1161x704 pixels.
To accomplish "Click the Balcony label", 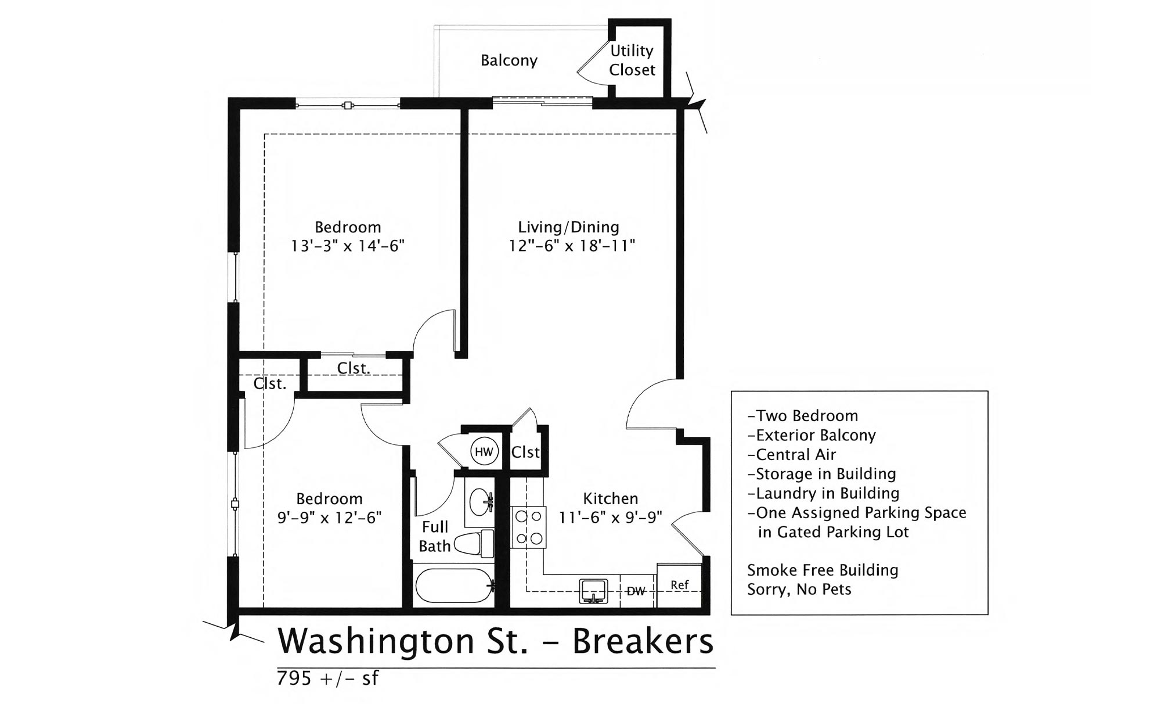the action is pos(509,60).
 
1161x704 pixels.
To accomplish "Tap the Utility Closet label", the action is pos(632,60).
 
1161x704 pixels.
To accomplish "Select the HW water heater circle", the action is pos(484,452).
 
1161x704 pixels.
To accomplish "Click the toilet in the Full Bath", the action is pos(474,544).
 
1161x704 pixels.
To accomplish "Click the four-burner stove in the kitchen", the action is pos(529,527).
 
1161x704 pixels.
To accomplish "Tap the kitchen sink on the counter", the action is pos(594,590).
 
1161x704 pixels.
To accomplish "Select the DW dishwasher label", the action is pos(636,591).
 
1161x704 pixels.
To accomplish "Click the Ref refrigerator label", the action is pos(680,584).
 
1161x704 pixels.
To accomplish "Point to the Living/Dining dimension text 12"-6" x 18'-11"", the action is pos(572,246).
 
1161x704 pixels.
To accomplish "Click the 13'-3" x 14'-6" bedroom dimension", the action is pos(347,246).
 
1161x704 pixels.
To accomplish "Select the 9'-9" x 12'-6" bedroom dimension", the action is pos(329,518).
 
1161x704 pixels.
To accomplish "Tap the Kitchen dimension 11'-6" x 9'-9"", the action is pos(610,518).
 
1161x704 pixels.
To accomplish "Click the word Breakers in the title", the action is pos(643,641).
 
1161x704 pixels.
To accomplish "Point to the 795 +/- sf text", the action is pos(327,678).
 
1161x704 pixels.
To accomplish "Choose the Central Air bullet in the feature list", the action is pos(792,455).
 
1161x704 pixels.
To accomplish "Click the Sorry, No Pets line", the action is pos(799,590).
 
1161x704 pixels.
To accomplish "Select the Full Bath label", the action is pos(435,536).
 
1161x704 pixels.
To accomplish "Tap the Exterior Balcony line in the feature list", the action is pos(812,435).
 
